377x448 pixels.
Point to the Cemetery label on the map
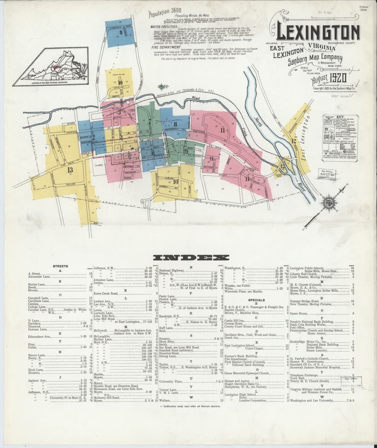coord(98,165)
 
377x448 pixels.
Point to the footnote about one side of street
coord(191,406)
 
